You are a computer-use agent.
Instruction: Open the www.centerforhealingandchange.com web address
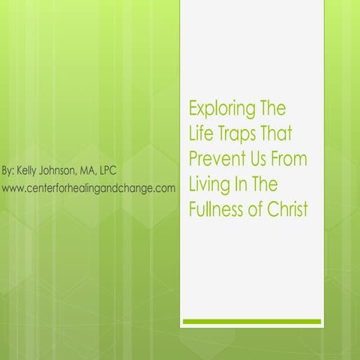tap(89, 187)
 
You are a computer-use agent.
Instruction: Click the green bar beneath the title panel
tap(251, 322)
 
